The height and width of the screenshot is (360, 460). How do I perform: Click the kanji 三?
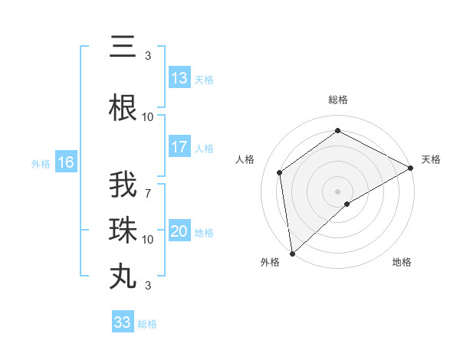(x=123, y=47)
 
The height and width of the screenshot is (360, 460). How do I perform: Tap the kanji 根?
(x=123, y=108)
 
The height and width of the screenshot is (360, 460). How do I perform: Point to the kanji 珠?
(x=123, y=231)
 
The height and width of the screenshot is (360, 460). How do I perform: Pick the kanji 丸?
(x=123, y=276)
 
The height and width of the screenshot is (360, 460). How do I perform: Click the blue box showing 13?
(x=179, y=78)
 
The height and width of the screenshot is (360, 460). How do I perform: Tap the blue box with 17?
(x=179, y=147)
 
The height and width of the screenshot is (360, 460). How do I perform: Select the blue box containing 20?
(x=179, y=232)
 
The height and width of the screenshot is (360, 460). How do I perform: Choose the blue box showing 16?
(x=65, y=162)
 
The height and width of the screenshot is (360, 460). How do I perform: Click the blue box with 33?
(x=123, y=322)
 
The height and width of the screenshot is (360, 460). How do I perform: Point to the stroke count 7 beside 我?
(x=147, y=185)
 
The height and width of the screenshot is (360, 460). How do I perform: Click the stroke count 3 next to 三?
(x=147, y=55)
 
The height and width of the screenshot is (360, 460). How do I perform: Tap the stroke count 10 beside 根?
(x=148, y=116)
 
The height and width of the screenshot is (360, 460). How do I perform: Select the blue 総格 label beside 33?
(x=147, y=324)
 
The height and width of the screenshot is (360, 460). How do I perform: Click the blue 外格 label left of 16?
(x=40, y=163)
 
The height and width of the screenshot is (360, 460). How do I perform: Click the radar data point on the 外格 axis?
(x=292, y=253)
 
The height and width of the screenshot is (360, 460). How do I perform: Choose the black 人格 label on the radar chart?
(x=245, y=159)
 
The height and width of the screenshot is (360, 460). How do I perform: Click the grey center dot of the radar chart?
(x=337, y=190)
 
